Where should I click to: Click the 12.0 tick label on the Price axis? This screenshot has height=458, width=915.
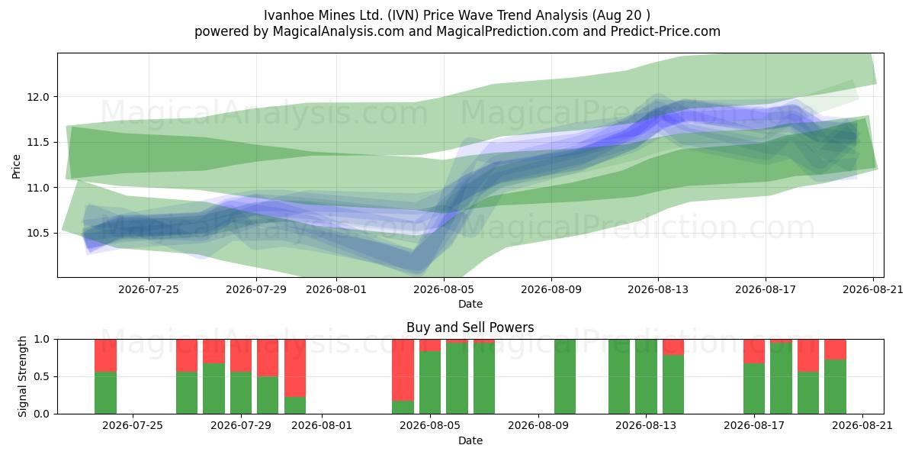click(x=38, y=98)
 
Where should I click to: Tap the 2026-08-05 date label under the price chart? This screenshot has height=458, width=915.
click(x=444, y=289)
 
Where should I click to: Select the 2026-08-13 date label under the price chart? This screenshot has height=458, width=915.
click(x=657, y=289)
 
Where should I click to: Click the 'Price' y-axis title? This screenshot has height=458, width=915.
click(x=16, y=166)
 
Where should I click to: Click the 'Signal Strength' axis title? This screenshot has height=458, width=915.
click(x=22, y=376)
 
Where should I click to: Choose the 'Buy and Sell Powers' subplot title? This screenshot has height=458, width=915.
click(x=470, y=327)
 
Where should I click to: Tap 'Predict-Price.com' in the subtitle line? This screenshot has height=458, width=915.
click(x=666, y=31)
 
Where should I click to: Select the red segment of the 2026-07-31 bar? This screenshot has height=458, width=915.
click(x=295, y=368)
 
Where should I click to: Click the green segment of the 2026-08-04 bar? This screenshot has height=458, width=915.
click(x=403, y=408)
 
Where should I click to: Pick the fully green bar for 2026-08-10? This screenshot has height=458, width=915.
click(x=565, y=376)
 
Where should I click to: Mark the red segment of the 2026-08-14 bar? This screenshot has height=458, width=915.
click(x=673, y=347)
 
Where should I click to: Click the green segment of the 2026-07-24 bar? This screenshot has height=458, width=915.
click(x=105, y=393)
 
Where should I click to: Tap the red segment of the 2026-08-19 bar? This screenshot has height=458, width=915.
click(x=808, y=356)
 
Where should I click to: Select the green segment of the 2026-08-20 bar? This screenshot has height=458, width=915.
click(x=835, y=387)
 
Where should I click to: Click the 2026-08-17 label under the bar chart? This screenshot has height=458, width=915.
click(x=754, y=425)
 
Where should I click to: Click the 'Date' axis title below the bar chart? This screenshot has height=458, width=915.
click(x=470, y=441)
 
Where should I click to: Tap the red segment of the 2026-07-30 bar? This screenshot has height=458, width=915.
click(x=268, y=358)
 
